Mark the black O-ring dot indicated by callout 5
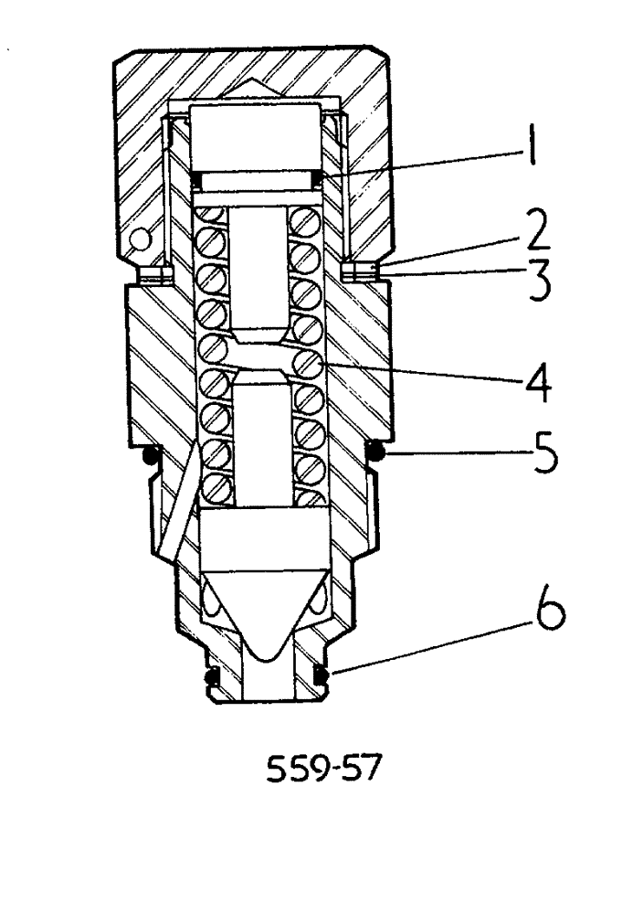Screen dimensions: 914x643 click(x=374, y=449)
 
